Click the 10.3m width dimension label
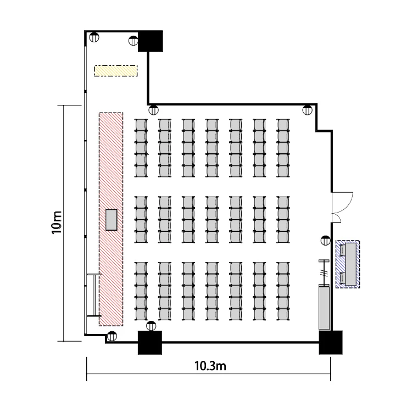point(210,366)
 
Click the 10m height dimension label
point(57,222)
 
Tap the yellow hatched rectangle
point(116,71)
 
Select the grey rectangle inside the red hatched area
point(111,220)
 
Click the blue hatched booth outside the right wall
point(348,264)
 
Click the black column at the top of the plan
point(151,41)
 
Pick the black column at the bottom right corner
point(331,342)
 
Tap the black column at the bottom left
point(150,342)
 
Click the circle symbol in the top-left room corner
point(94,37)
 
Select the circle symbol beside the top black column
point(133,41)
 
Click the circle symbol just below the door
point(326,241)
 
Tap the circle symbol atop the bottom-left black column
point(151,326)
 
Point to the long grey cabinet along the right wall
point(324,307)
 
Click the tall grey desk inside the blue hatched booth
point(351,264)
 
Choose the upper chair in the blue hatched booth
point(343,250)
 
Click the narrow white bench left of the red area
point(94,295)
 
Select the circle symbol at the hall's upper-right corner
point(307,110)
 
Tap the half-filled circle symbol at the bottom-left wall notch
point(112,336)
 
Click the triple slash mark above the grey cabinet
point(324,272)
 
